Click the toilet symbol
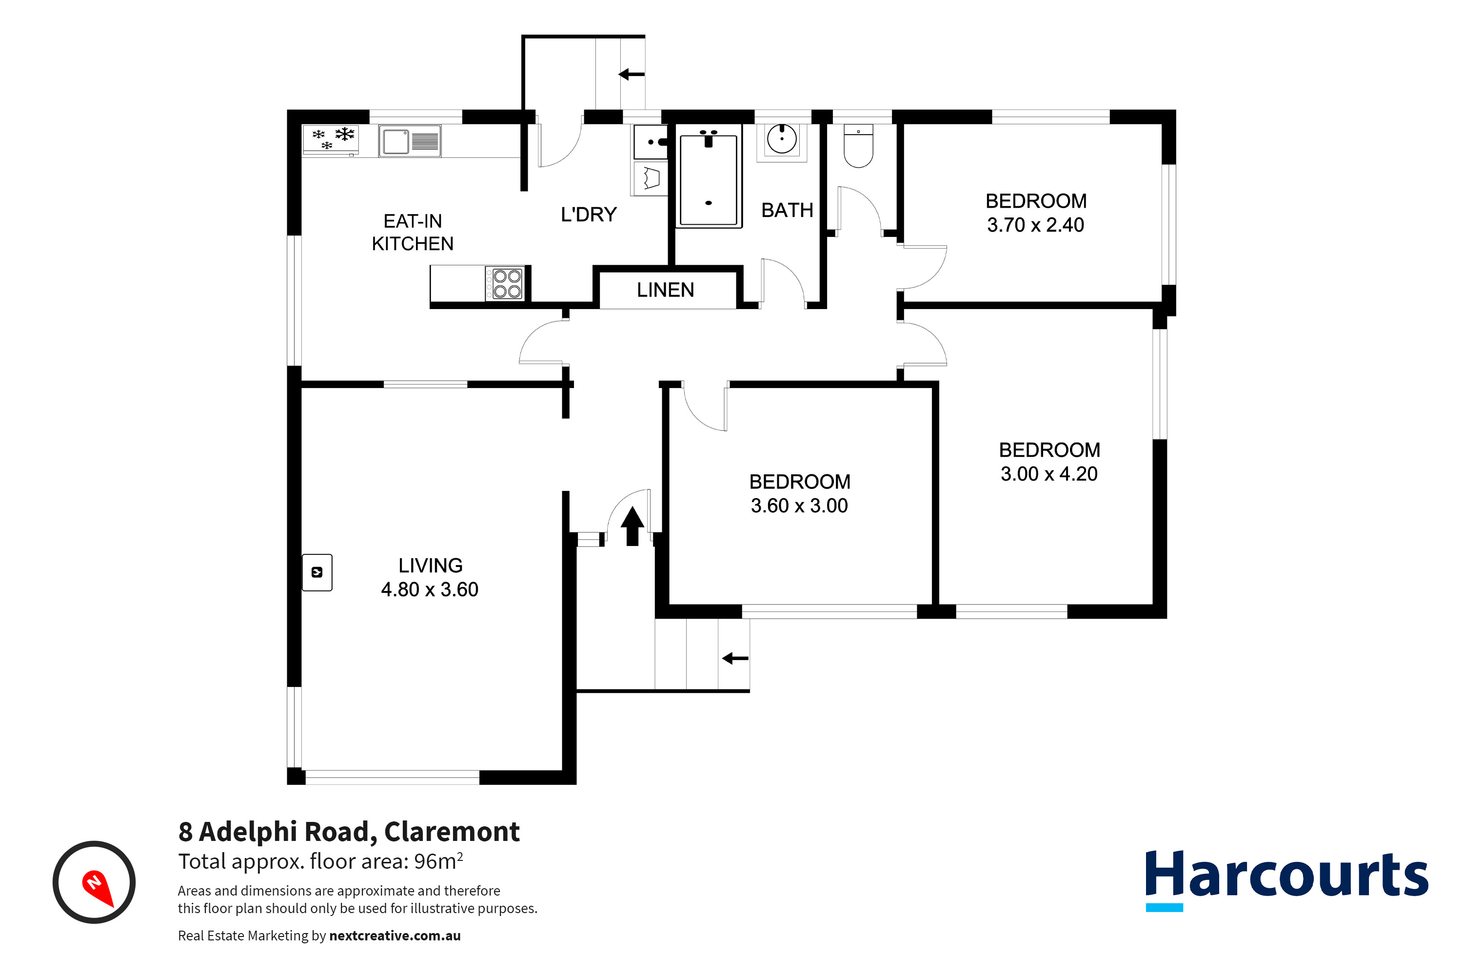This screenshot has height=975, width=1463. coord(858,147)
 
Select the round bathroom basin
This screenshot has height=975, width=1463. coord(782,139)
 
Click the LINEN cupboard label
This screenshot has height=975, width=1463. coord(665,290)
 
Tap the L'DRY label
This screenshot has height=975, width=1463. coord(588,214)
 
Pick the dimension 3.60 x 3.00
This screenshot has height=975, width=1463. coord(799,506)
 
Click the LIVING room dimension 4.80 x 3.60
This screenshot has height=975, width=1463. coord(429,589)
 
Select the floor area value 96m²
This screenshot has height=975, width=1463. coord(438,861)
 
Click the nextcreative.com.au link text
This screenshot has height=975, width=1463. coord(395,936)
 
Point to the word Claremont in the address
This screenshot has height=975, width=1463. coord(452,832)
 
